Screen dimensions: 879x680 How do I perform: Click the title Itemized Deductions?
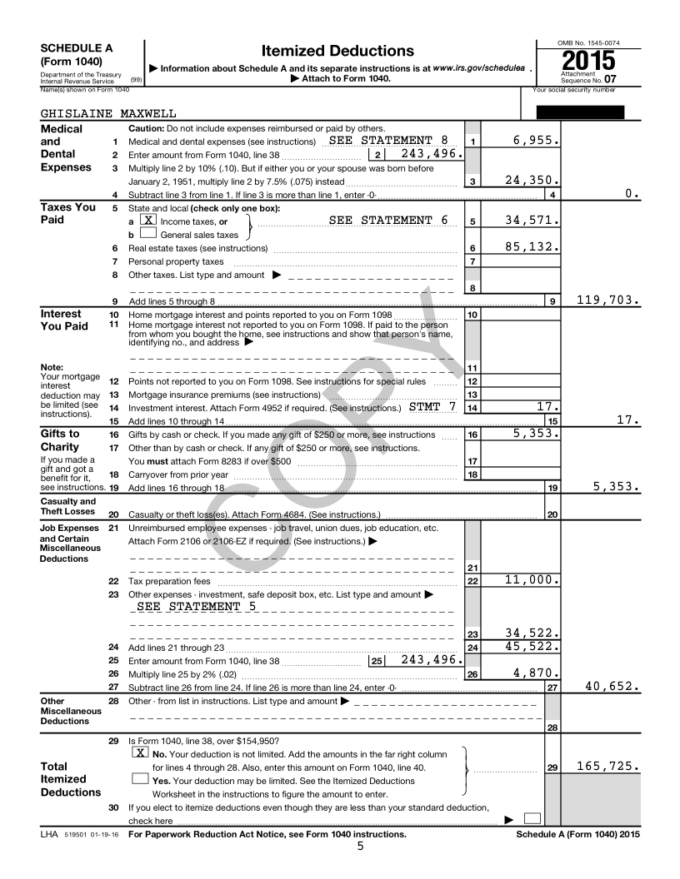click(326, 52)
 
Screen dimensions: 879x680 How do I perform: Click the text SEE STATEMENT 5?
click(197, 606)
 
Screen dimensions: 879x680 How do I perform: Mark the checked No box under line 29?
click(141, 752)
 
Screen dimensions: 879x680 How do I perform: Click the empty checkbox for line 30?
click(532, 820)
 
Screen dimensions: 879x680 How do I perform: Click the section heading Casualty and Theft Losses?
click(68, 506)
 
